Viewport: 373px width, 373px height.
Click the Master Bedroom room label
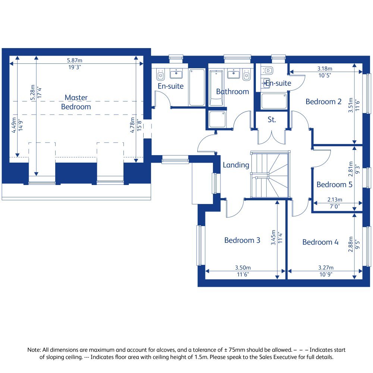[x=76, y=102]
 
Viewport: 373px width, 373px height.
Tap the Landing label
[x=236, y=165]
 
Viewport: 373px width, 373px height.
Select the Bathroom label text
[x=232, y=91]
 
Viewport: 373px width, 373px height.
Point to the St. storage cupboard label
[x=272, y=120]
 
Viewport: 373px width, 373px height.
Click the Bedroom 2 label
[x=323, y=101]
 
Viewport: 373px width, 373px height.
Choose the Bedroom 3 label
[x=242, y=240]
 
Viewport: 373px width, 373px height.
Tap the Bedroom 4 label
[x=320, y=242]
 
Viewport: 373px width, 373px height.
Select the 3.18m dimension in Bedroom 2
[x=325, y=69]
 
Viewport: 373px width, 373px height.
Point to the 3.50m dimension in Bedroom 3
[x=242, y=268]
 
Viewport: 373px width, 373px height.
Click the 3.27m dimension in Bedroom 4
[x=325, y=268]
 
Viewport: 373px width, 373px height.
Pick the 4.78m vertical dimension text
[x=132, y=125]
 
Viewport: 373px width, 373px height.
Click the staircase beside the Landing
[x=270, y=174]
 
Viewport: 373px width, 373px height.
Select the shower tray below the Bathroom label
[x=217, y=119]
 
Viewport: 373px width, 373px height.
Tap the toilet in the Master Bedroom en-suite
[x=160, y=75]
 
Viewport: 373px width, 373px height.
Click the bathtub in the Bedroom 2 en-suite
[x=274, y=101]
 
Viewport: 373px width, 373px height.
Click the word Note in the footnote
[x=34, y=350]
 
